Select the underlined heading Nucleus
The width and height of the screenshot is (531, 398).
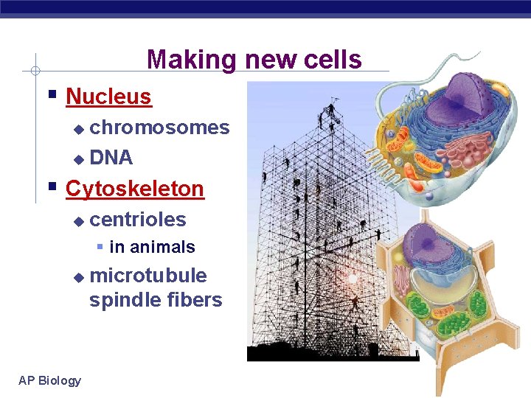pos(108,97)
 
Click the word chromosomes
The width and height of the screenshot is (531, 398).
pos(159,128)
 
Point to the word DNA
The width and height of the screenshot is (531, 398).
pos(111,158)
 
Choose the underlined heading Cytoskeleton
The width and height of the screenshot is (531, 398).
pos(134,189)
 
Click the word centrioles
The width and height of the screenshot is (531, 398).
pos(137,220)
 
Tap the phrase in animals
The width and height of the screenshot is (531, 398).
pos(152,248)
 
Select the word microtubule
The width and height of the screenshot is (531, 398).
pos(147,276)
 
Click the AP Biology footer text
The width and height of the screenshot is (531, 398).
pos(50,380)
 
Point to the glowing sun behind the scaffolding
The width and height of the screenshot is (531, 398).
pos(353,279)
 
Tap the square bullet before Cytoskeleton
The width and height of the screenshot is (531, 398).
pos(51,186)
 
